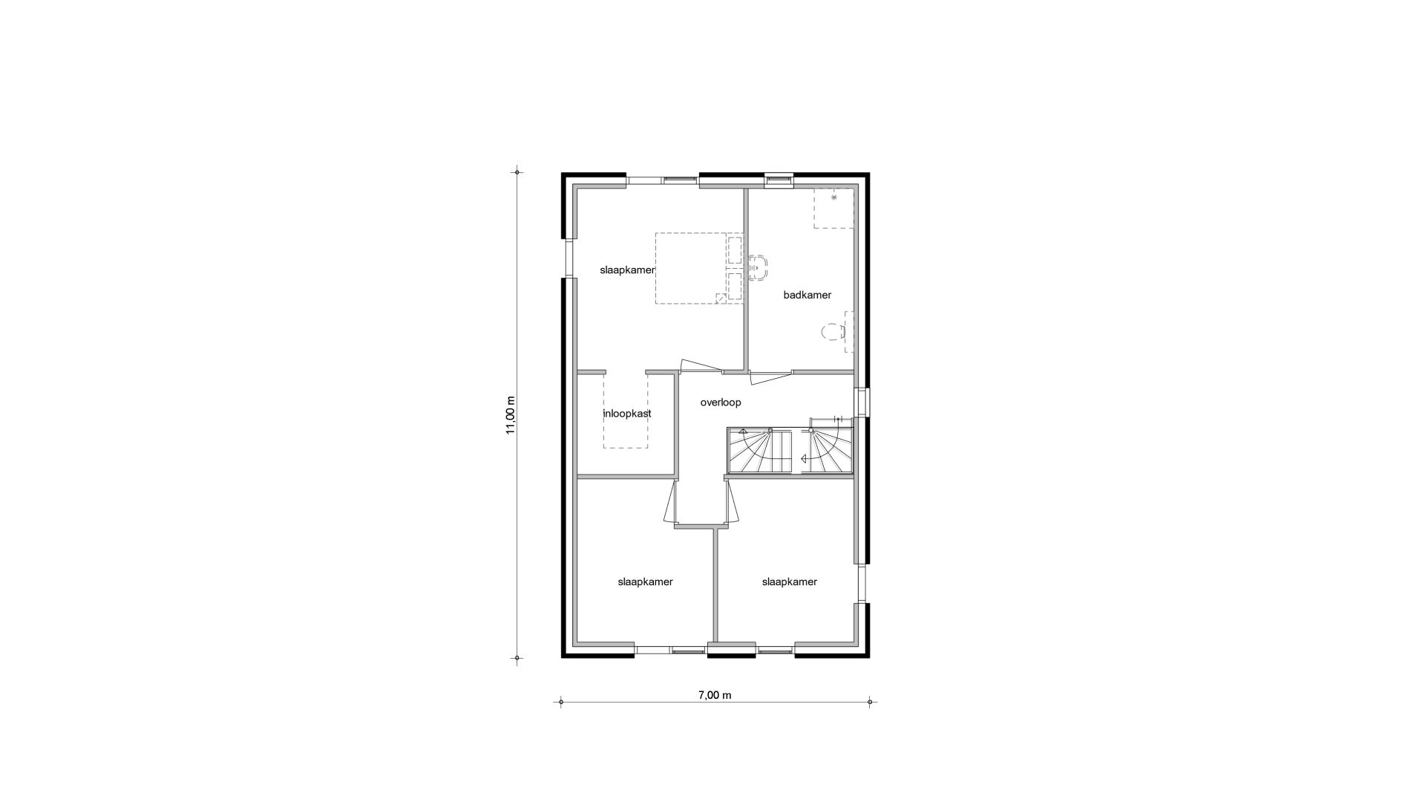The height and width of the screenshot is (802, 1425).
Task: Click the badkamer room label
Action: pos(807,295)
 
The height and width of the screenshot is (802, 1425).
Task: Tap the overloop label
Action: pos(721,402)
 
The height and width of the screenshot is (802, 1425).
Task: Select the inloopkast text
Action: pos(627,414)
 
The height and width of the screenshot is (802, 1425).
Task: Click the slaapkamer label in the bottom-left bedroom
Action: pos(645,581)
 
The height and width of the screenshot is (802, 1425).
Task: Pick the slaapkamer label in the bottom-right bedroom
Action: pos(789,581)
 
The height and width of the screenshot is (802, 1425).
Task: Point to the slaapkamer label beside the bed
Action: pos(627,270)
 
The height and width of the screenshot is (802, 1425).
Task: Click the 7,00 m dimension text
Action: pos(715,695)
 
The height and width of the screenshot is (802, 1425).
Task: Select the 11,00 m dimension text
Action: pos(511,415)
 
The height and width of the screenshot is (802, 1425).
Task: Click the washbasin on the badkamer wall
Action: pos(758,267)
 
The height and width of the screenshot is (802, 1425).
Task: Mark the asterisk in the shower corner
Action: pos(834,198)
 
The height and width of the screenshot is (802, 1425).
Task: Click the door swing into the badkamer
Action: pos(770,378)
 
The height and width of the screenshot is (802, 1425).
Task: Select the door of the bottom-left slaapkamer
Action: pos(670,503)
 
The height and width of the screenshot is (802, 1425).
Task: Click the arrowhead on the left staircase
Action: pos(743,431)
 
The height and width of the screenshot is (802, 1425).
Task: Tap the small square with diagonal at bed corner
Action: pos(721,299)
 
